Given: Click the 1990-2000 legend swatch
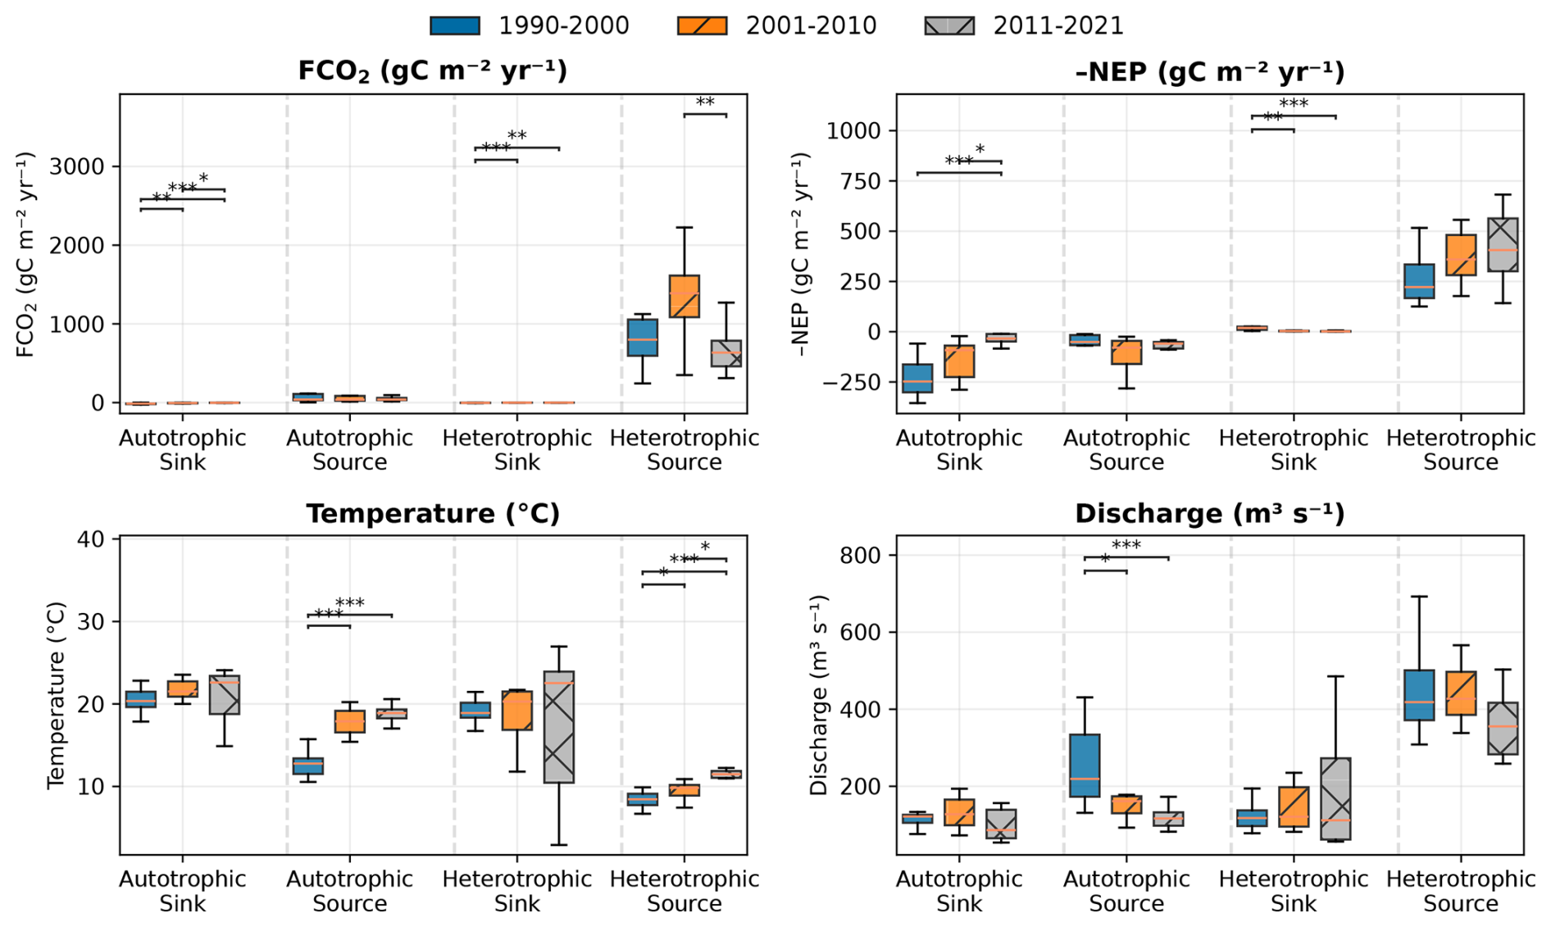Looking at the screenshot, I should (x=455, y=25).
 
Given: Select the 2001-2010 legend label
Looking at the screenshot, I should (x=811, y=26).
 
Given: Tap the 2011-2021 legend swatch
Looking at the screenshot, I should (x=949, y=25).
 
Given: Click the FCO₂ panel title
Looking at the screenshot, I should (x=432, y=71).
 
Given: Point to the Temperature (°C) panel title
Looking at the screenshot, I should (x=432, y=514).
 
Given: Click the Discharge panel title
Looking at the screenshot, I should (x=1209, y=514).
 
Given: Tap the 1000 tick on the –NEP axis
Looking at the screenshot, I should (x=853, y=131).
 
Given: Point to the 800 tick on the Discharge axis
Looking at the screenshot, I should (x=862, y=556).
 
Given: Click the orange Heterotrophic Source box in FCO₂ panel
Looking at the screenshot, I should (x=685, y=296).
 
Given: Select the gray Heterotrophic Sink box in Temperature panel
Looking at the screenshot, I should (x=559, y=726).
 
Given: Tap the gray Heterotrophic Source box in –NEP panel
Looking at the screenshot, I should (x=1503, y=244).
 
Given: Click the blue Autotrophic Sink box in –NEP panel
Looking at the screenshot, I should (x=917, y=378).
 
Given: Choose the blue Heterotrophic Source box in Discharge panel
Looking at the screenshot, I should (x=1419, y=694).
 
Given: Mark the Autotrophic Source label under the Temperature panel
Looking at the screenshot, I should (x=350, y=891).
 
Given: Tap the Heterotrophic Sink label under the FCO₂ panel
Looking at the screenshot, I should (x=517, y=450).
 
